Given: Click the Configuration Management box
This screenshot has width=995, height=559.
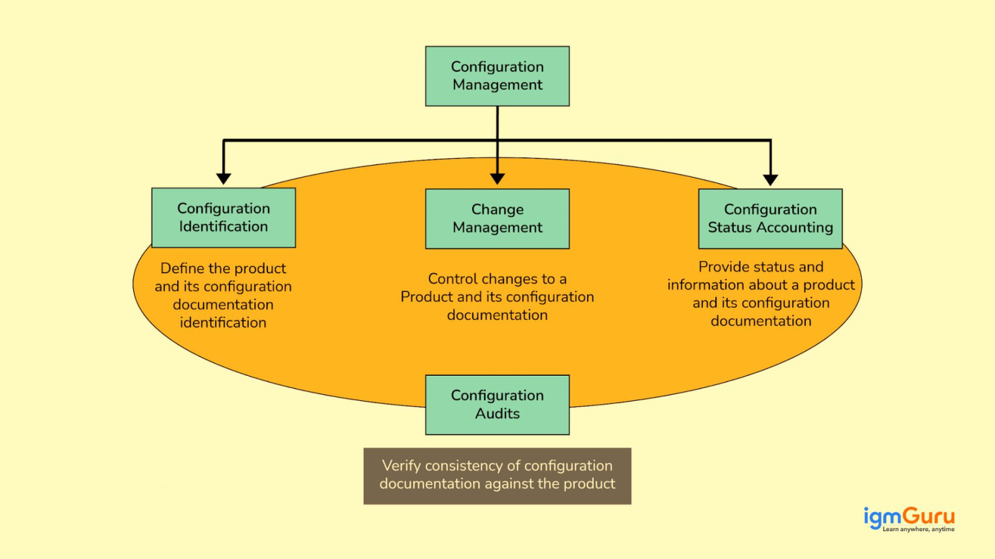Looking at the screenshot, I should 497,76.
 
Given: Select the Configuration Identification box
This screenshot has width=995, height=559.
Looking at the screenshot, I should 223,217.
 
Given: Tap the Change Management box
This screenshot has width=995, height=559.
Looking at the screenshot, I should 497,219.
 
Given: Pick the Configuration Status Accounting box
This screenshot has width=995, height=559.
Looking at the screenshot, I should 771,219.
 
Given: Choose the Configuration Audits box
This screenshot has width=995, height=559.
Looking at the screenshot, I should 497,404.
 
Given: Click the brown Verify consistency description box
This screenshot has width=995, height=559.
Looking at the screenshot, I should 497,476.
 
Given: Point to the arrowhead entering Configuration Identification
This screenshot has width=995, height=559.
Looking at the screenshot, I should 224,179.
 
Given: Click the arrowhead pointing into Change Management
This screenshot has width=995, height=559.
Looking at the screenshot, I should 497,179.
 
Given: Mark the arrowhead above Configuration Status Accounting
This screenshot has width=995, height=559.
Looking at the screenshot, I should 771,180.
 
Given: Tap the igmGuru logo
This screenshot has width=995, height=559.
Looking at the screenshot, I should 909,517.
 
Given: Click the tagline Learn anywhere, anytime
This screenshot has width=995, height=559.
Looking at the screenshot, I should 919,529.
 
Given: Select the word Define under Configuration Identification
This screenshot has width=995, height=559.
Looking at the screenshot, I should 182,268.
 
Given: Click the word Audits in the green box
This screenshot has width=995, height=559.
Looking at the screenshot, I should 497,414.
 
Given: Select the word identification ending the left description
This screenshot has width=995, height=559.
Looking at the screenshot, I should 223,322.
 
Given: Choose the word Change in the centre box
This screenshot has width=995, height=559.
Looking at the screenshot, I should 497,209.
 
